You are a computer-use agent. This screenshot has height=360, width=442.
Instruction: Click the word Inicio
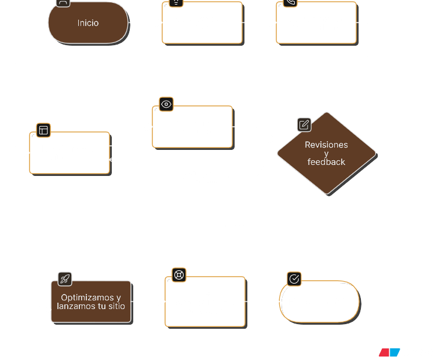tap(88, 23)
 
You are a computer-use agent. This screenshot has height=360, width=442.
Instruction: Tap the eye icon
tap(166, 104)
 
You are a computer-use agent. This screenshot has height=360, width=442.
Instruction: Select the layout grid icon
tap(43, 130)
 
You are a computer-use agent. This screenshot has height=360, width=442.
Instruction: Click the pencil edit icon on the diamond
tap(304, 125)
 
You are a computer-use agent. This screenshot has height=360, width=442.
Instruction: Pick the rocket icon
tap(65, 279)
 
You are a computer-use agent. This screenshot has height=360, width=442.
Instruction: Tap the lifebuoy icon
tap(179, 275)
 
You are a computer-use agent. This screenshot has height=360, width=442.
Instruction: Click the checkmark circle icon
tap(294, 279)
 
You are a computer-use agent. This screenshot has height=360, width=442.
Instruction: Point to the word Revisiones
tap(326, 145)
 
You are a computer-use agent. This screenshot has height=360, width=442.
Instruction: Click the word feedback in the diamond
tap(326, 162)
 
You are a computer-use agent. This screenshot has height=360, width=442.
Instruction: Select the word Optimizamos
tap(87, 297)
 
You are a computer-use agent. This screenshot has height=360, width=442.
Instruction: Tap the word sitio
tap(116, 306)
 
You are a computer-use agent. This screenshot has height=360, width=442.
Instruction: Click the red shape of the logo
tap(384, 352)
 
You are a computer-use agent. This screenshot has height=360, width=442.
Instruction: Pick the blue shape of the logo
tap(394, 352)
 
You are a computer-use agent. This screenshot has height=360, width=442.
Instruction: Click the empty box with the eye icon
tap(192, 127)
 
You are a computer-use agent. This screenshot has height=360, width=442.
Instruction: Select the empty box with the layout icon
tap(70, 153)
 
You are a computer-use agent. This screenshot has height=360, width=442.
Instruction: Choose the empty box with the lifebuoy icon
tap(205, 302)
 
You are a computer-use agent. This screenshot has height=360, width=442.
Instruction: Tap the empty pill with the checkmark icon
tap(319, 302)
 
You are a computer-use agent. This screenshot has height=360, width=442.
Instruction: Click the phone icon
tap(290, 3)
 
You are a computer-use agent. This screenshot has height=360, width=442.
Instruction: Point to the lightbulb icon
tap(176, 3)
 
